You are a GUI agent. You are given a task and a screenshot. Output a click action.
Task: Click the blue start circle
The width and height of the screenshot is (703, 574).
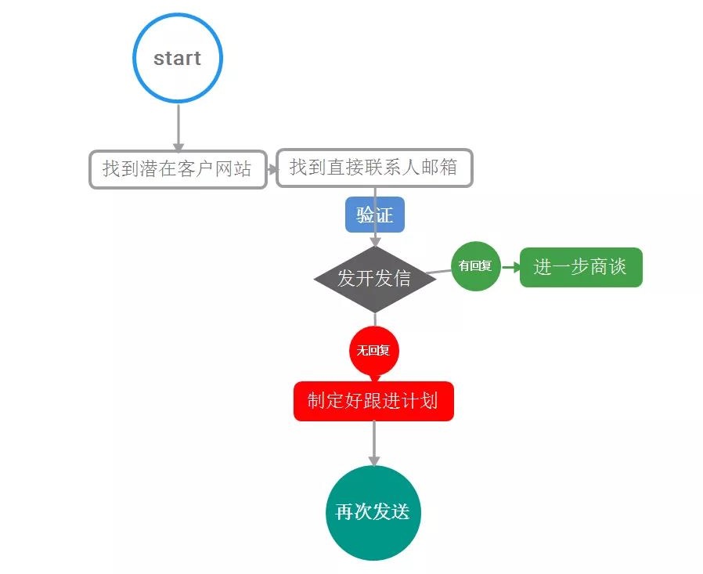pyautogui.click(x=178, y=59)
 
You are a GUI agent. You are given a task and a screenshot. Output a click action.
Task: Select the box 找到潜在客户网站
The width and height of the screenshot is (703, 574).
pyautogui.click(x=178, y=169)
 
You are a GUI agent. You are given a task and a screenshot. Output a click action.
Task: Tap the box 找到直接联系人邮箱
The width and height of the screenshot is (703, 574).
pyautogui.click(x=374, y=168)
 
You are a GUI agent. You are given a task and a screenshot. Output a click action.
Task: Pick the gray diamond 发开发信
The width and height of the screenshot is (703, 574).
pyautogui.click(x=374, y=279)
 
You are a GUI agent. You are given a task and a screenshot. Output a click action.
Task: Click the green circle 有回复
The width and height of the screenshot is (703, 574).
pyautogui.click(x=475, y=266)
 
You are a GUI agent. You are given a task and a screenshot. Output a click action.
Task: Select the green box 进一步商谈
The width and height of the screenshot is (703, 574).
pyautogui.click(x=580, y=267)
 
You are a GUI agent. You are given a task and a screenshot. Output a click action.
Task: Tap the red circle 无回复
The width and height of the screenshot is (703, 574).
pyautogui.click(x=373, y=350)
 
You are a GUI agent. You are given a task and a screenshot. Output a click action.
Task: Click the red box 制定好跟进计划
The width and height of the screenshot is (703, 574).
pyautogui.click(x=373, y=401)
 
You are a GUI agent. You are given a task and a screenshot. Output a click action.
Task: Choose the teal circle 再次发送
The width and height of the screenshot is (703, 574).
pyautogui.click(x=373, y=512)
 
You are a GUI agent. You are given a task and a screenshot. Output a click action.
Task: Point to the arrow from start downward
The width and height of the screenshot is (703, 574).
pyautogui.click(x=178, y=127)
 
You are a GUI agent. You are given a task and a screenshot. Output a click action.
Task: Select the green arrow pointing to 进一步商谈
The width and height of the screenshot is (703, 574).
pyautogui.click(x=510, y=267)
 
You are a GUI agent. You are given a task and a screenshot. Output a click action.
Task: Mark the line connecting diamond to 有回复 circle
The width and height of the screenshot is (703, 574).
pyautogui.click(x=441, y=271)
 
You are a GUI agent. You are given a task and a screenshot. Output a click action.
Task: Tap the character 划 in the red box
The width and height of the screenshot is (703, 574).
pyautogui.click(x=430, y=401)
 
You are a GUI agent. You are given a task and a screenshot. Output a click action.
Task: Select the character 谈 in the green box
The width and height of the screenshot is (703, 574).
pyautogui.click(x=617, y=267)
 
